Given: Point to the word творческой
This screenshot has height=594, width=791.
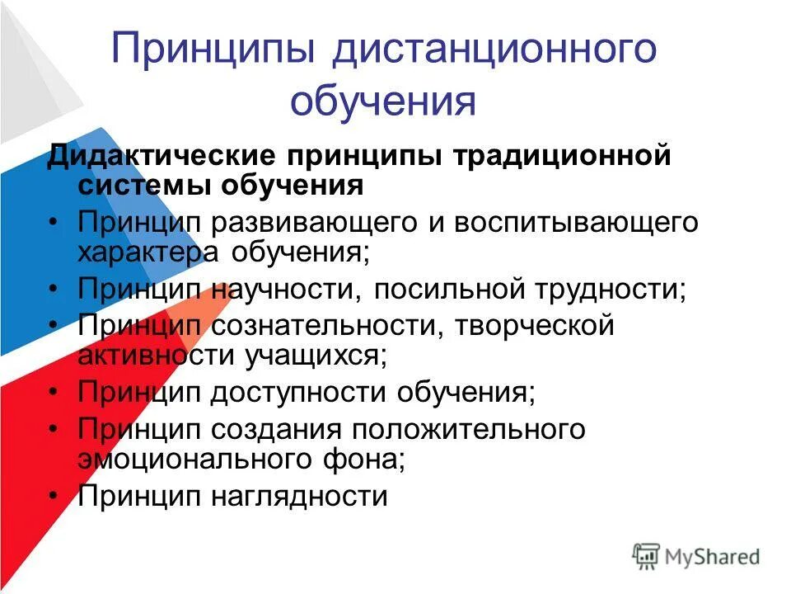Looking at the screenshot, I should point(536,326).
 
